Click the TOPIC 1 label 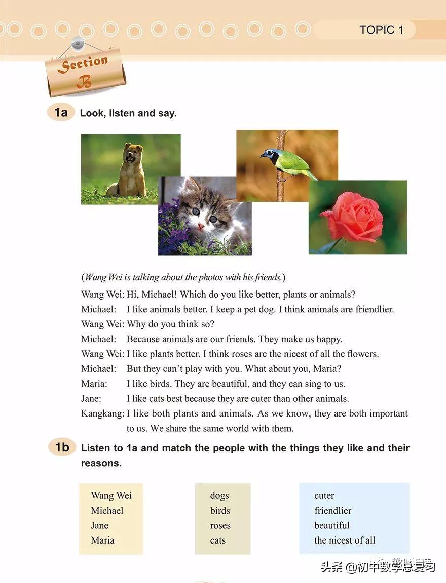(382, 30)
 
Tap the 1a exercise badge (61, 112)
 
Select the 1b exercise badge (62, 447)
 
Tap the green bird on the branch (290, 162)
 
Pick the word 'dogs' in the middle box (219, 496)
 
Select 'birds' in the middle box (220, 511)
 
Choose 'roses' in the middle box (220, 525)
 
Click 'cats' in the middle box (218, 540)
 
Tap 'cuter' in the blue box (324, 496)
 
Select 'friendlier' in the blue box (332, 511)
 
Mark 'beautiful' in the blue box (332, 525)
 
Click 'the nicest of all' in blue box (345, 540)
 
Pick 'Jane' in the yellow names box (100, 525)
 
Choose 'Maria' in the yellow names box (102, 540)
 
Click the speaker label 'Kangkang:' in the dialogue (102, 413)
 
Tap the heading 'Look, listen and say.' (128, 113)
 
